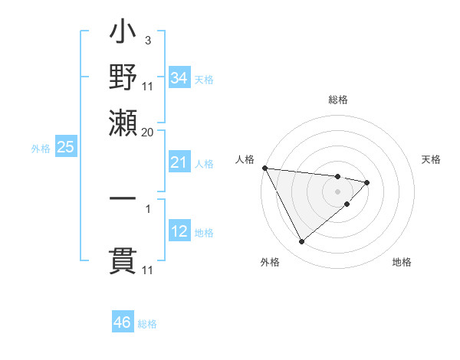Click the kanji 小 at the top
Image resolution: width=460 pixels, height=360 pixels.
click(x=123, y=35)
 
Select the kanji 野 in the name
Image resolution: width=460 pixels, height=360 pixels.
click(x=123, y=78)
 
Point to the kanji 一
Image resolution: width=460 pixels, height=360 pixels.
click(x=123, y=198)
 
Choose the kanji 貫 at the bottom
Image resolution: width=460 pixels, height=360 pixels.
click(x=123, y=260)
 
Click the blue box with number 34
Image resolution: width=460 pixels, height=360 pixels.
click(x=179, y=77)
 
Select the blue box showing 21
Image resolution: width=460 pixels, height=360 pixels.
click(x=179, y=162)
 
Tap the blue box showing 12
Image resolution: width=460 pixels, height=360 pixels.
click(x=179, y=231)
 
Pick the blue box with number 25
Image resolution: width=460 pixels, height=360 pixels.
click(x=65, y=147)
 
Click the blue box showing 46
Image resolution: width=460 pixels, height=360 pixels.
click(x=123, y=322)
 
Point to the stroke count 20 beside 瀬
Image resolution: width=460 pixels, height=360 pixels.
click(x=147, y=131)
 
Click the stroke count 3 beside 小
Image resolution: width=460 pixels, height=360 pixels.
click(x=147, y=40)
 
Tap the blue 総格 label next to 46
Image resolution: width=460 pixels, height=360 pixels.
click(x=147, y=324)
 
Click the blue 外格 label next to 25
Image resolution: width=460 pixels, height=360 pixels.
click(x=40, y=149)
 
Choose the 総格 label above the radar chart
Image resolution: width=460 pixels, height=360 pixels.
click(x=337, y=100)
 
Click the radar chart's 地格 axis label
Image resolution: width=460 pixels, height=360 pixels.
click(x=402, y=263)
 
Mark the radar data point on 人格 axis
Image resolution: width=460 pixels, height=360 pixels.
click(x=264, y=168)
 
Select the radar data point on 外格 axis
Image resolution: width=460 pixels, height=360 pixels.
click(x=301, y=242)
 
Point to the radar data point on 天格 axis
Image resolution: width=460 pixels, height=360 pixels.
click(x=367, y=182)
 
